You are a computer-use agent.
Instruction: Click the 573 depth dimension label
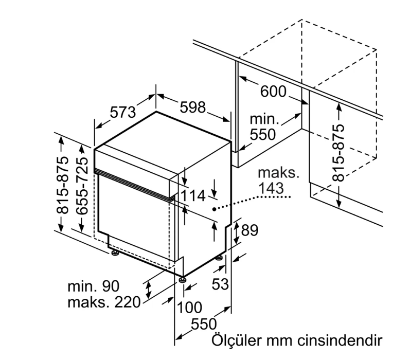(x=122, y=112)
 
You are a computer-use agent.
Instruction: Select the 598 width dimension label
(x=193, y=107)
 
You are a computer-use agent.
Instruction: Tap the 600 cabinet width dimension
(x=273, y=91)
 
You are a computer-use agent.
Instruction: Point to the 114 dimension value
(x=193, y=195)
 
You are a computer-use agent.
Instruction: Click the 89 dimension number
(x=249, y=230)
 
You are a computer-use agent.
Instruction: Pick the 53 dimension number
(x=220, y=284)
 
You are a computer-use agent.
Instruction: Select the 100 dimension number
(x=190, y=307)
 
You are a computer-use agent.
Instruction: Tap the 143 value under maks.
(x=271, y=188)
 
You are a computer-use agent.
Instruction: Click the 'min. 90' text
(x=93, y=286)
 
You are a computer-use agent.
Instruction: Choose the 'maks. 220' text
(x=104, y=302)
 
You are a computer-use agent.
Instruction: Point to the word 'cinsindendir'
(x=340, y=340)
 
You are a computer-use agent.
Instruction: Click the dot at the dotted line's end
(x=215, y=209)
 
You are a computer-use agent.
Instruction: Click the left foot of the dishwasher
(x=114, y=253)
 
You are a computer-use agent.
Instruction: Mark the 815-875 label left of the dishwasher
(x=62, y=185)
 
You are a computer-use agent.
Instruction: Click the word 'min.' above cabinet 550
(x=264, y=119)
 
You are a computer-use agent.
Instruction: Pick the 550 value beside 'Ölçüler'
(x=204, y=324)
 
